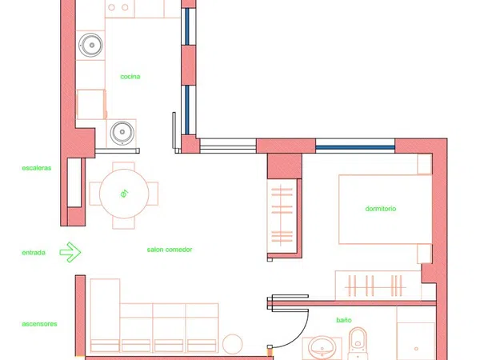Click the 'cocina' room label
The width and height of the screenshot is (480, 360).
tap(130, 77)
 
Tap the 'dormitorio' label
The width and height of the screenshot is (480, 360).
tap(381, 209)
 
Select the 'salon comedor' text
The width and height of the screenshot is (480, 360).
tap(170, 250)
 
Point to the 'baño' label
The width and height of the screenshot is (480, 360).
tap(344, 320)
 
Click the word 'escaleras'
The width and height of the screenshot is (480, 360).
tap(37, 168)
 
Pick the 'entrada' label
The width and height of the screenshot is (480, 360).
tap(34, 253)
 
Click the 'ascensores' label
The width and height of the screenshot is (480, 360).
tap(39, 324)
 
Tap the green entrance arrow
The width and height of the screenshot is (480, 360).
tap(70, 252)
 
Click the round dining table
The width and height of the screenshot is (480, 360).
tap(124, 194)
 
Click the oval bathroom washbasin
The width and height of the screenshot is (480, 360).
tap(322, 348)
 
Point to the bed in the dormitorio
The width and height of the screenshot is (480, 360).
tap(385, 210)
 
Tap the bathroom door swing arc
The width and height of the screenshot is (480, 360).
tap(298, 336)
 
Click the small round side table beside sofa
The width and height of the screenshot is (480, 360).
tap(232, 344)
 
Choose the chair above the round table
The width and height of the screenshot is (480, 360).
tap(124, 166)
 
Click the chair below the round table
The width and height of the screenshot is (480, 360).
tap(124, 223)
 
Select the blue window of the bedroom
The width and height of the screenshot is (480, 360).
tap(355, 147)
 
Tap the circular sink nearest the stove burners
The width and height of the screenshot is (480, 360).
tap(90, 45)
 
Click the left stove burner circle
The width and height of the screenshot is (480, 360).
tap(112, 7)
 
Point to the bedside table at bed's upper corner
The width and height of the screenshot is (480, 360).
tap(425, 164)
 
